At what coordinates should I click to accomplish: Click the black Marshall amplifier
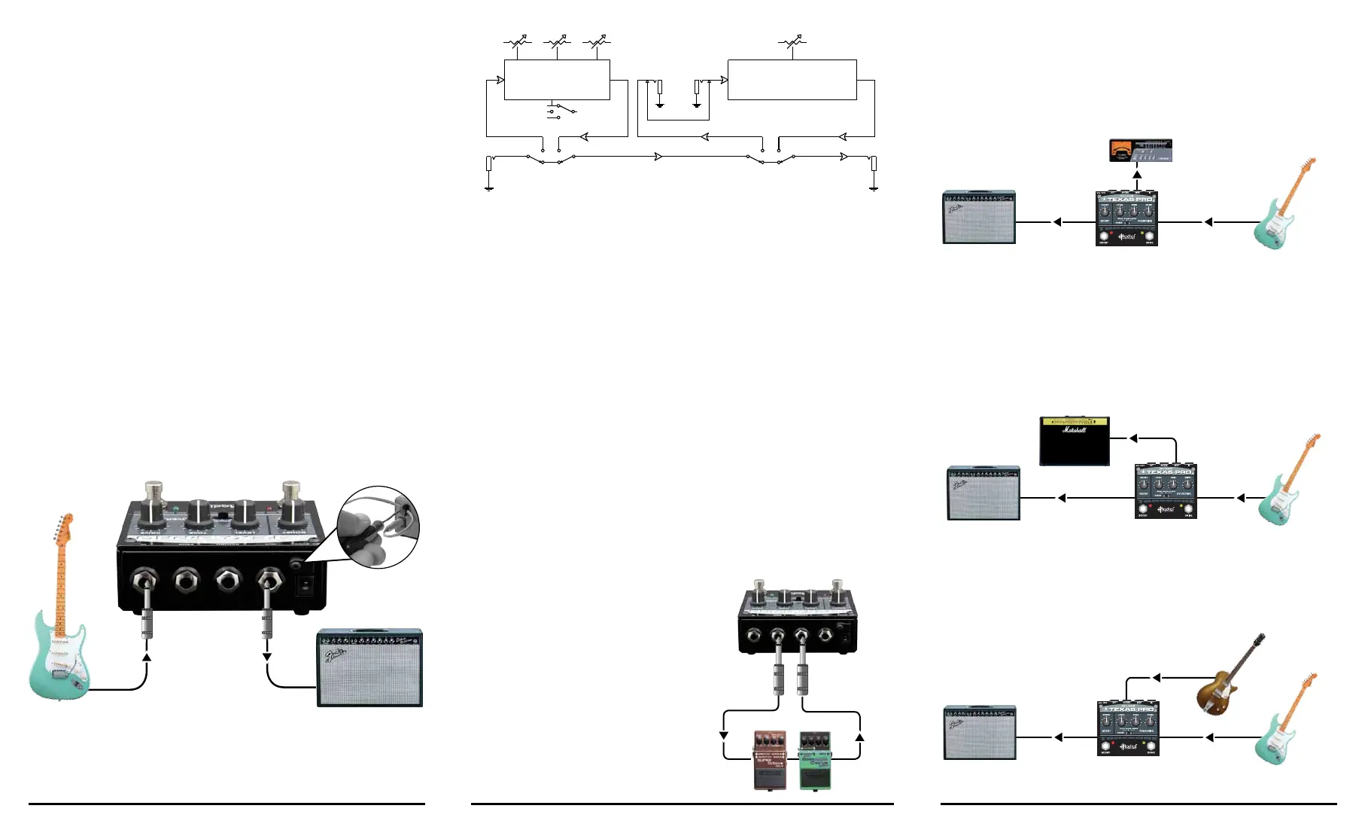[x=1074, y=441]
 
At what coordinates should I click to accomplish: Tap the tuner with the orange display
[x=1140, y=151]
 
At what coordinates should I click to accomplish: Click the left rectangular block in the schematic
[x=556, y=80]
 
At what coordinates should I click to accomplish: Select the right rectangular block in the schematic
[x=792, y=80]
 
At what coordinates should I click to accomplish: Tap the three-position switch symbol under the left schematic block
[x=561, y=111]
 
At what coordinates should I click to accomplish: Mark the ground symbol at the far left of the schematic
[x=489, y=188]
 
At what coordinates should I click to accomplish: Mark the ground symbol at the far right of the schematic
[x=873, y=188]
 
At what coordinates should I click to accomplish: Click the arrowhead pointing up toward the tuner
[x=1137, y=175]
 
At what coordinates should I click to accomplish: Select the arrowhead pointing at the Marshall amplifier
[x=1133, y=438]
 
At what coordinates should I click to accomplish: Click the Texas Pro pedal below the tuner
[x=1126, y=218]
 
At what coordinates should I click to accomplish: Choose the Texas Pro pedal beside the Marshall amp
[x=1165, y=492]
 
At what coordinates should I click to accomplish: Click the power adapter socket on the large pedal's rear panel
[x=296, y=563]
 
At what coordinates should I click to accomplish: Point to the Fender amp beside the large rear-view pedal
[x=369, y=668]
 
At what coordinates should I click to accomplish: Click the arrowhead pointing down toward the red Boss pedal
[x=724, y=734]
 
